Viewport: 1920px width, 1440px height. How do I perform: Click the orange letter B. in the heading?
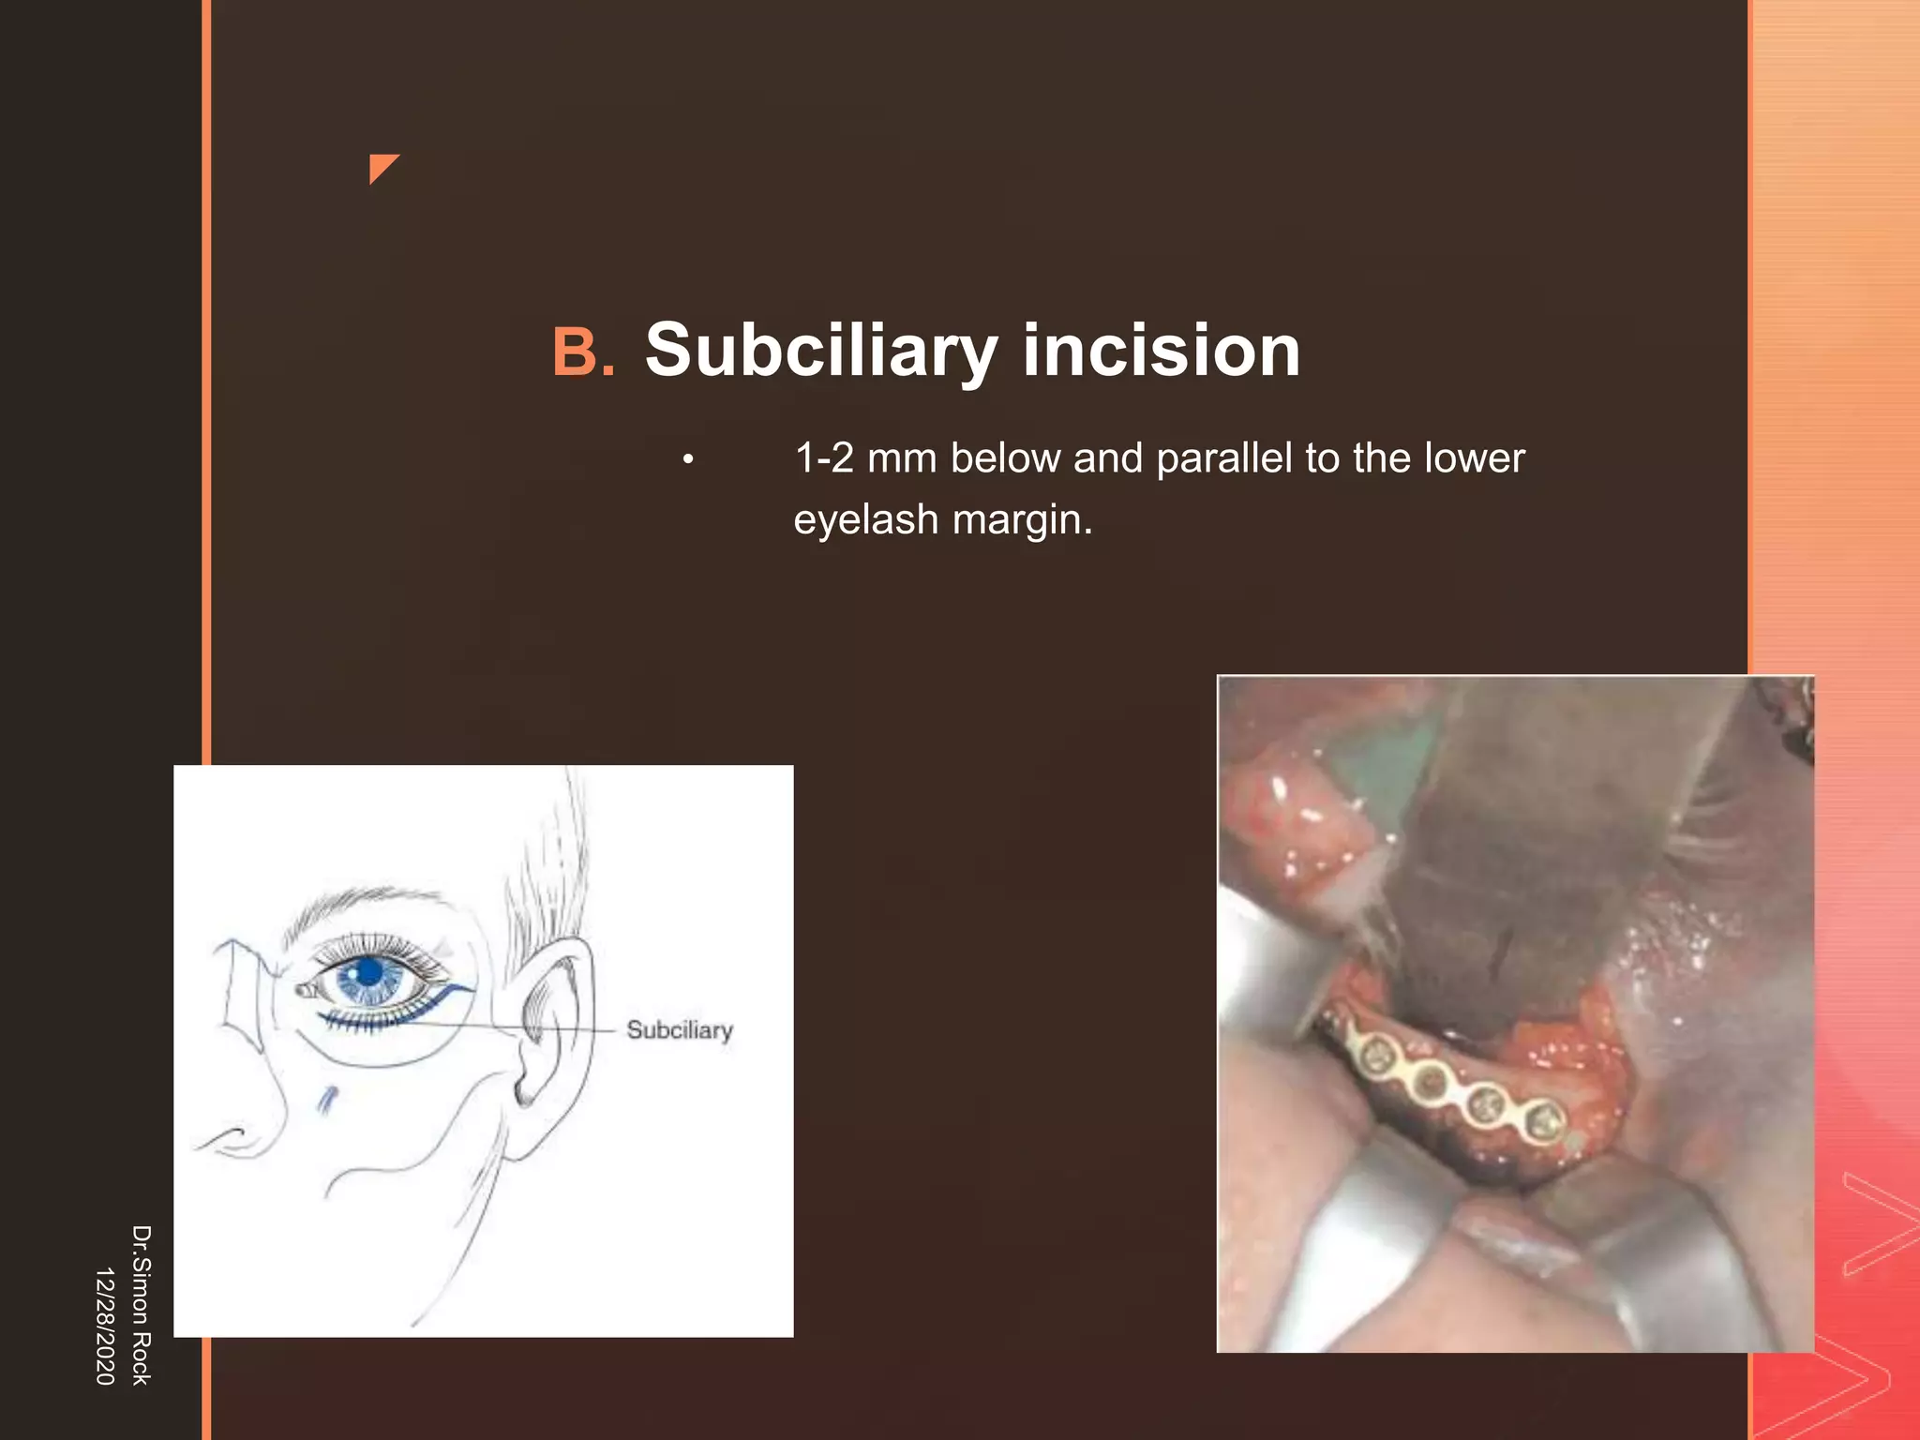coord(583,352)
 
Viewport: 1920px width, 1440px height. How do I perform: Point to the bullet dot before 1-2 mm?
coord(688,459)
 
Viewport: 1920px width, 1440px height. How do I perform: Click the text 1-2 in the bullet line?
coord(824,458)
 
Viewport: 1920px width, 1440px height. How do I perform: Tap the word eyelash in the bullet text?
coord(865,519)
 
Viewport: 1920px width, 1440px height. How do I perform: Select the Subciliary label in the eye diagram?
coord(680,1030)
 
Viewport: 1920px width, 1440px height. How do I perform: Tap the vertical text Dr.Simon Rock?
coord(141,1304)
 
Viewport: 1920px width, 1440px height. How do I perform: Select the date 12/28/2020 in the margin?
coord(105,1326)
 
